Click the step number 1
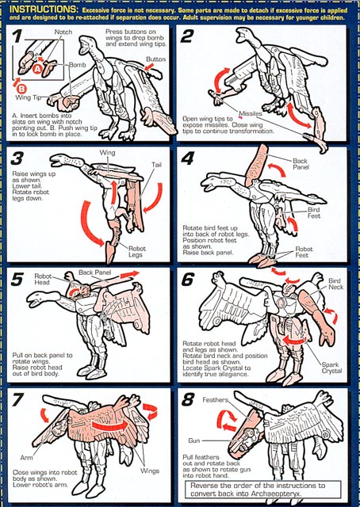pos(17,36)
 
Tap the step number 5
pos(17,280)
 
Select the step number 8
pos(188,400)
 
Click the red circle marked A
pos(37,69)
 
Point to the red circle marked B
pos(21,89)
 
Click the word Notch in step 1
pos(63,32)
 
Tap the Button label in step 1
pos(155,59)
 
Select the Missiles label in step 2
pos(251,114)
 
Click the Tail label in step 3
pos(156,165)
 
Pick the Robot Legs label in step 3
pos(137,252)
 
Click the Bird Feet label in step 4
pos(314,212)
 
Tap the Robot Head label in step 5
pos(43,279)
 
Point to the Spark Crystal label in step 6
pos(331,368)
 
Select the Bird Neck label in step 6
pos(336,284)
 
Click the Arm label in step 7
pos(26,458)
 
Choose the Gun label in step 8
pos(194,440)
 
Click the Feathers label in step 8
pos(216,400)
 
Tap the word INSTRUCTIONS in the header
pos(43,9)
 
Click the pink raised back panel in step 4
pos(257,166)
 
